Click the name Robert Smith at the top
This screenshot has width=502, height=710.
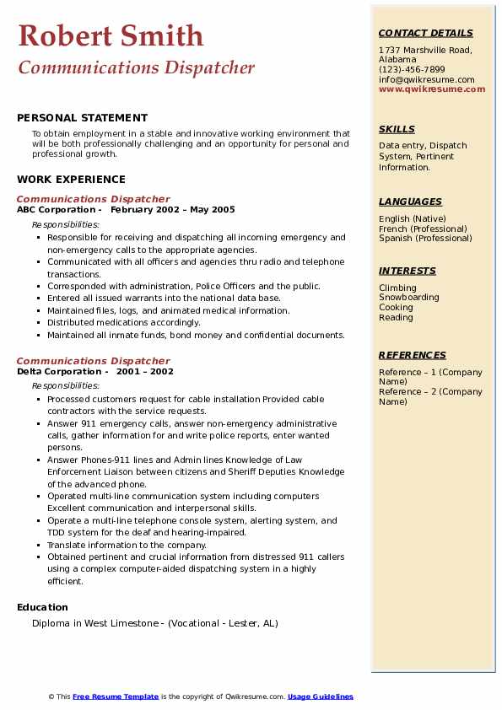[x=111, y=35]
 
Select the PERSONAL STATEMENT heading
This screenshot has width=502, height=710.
[x=82, y=118]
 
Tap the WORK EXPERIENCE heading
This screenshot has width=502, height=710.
[x=71, y=179]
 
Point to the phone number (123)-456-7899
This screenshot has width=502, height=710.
[x=412, y=70]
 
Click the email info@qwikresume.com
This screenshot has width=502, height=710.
[x=426, y=79]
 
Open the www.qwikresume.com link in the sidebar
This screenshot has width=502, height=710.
[x=432, y=89]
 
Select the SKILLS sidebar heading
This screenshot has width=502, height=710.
[x=397, y=129]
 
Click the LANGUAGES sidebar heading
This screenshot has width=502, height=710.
[x=410, y=202]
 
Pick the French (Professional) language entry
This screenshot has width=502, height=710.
[x=423, y=229]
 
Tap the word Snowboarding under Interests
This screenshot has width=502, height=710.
[x=408, y=298]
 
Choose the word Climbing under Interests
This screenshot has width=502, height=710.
[x=397, y=288]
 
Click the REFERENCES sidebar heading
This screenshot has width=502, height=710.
[x=412, y=355]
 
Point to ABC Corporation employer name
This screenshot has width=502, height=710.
[x=57, y=210]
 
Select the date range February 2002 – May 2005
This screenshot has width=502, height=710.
[x=172, y=210]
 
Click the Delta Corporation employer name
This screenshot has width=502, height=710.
[x=59, y=372]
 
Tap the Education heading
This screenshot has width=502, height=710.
[x=42, y=607]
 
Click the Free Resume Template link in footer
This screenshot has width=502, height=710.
[x=116, y=697]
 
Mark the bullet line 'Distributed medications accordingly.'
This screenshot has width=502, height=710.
[x=124, y=323]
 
